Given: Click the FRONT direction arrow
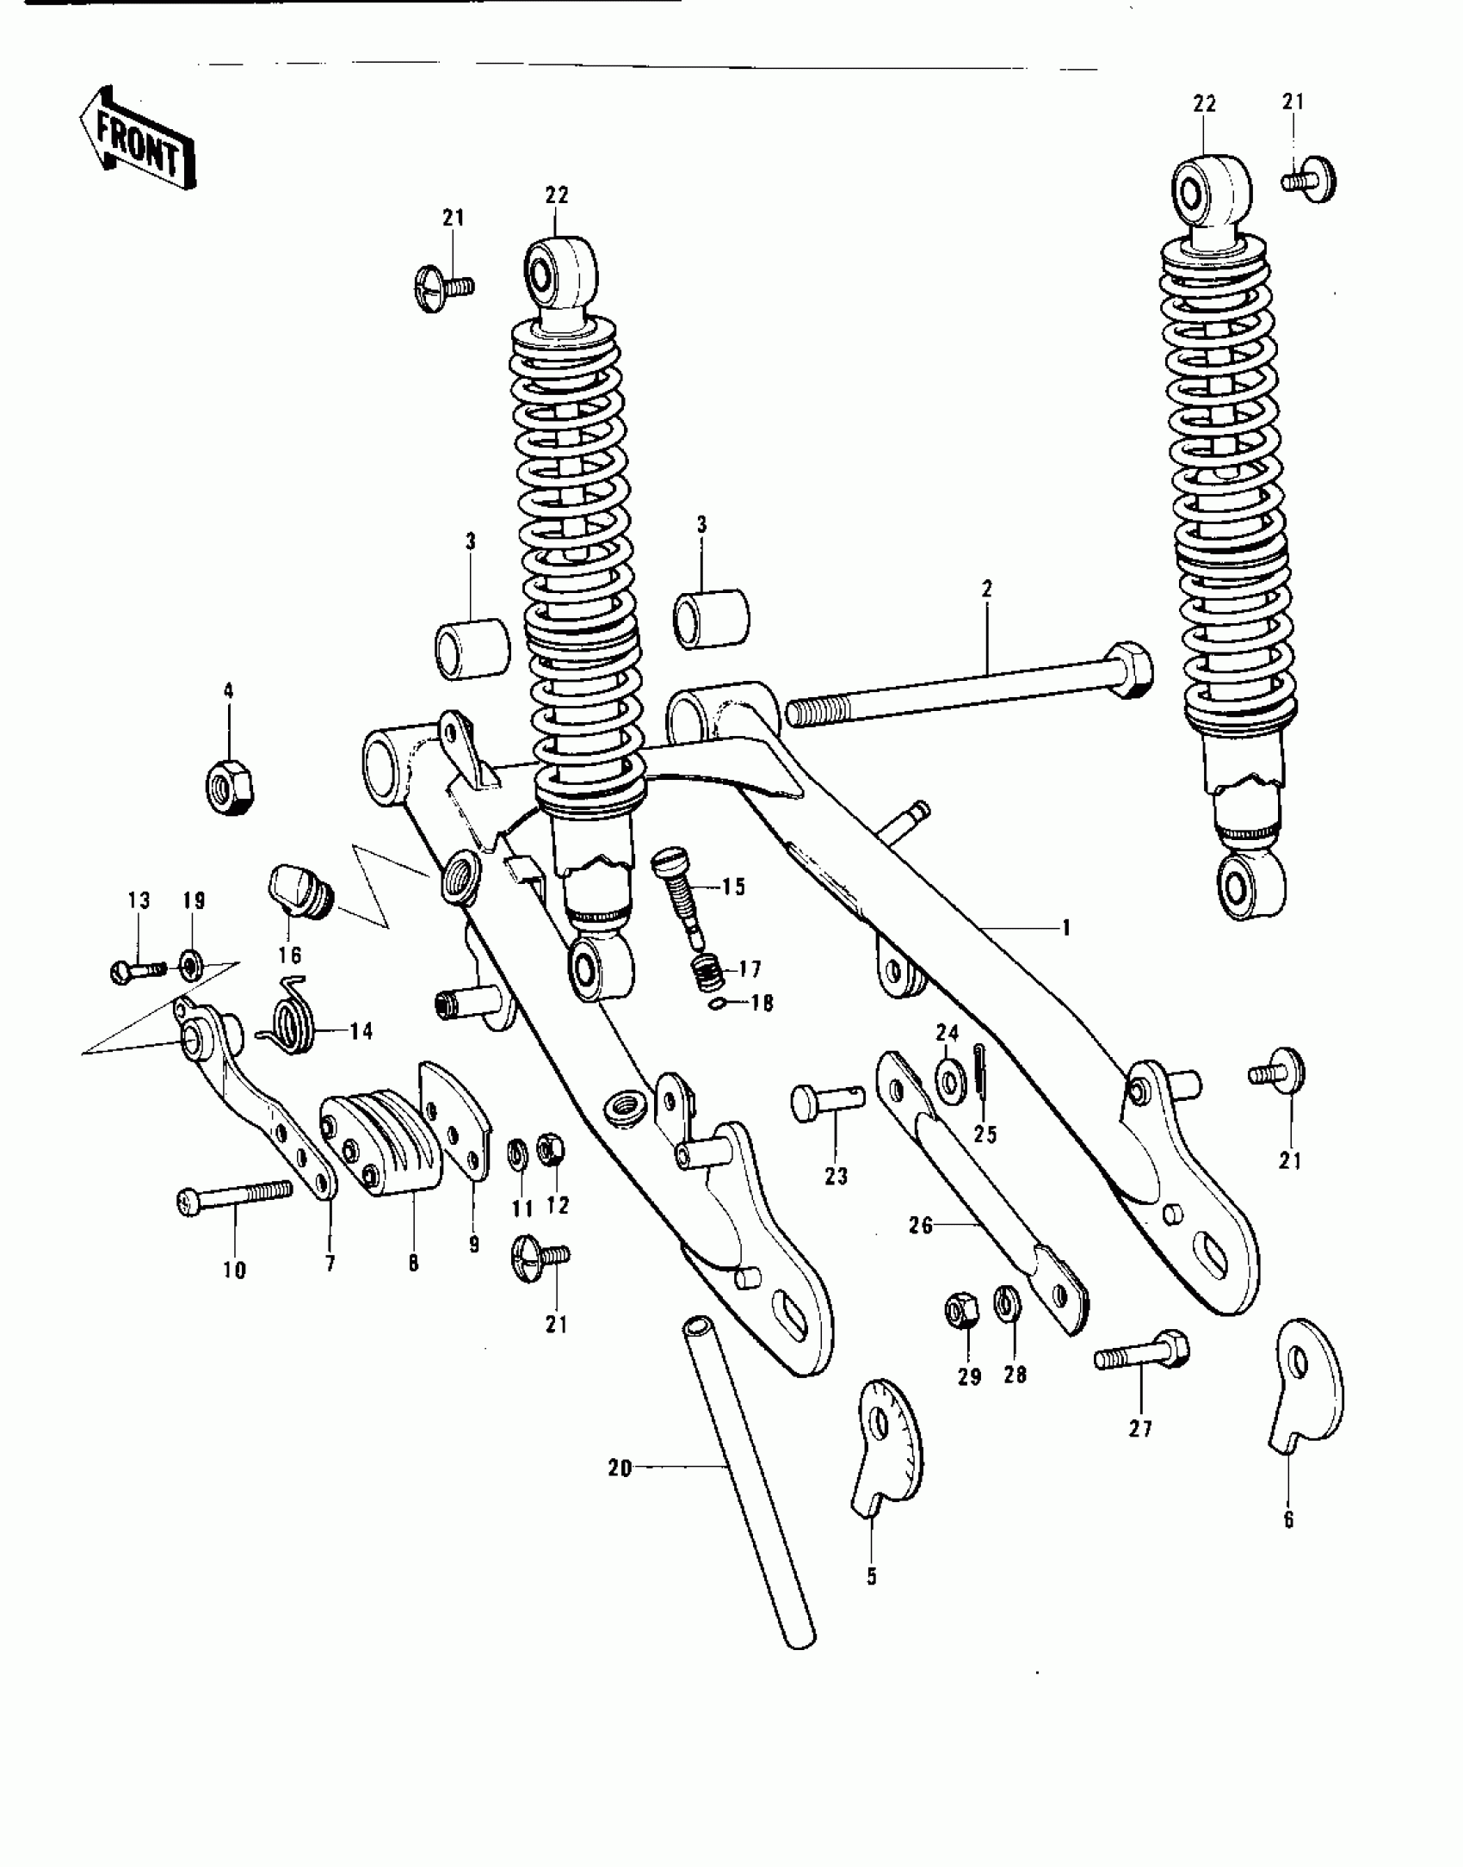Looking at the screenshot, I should click(136, 139).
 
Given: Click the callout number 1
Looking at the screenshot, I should click(1065, 928).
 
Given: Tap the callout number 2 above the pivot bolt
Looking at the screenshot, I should click(986, 590).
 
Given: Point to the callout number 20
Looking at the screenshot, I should click(620, 1468).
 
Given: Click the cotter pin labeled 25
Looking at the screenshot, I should click(981, 1073).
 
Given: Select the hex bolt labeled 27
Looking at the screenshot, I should click(1141, 1359).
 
